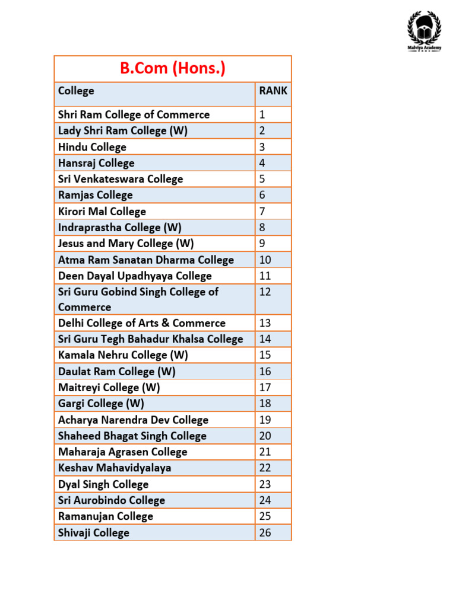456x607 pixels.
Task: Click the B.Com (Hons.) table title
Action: pos(173,69)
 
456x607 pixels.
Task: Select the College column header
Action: pos(76,91)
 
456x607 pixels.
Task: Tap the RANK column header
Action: pos(273,91)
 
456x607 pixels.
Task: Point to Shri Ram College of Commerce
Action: pos(134,114)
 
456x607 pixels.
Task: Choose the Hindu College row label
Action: pos(92,147)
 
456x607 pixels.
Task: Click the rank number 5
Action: pos(262,179)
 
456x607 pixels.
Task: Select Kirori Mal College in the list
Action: pos(102,212)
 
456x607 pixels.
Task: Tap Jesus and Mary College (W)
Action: pos(126,244)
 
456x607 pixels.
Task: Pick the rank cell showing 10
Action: pos(265,260)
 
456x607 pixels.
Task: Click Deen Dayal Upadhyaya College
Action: pos(135,276)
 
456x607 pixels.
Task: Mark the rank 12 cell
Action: pos(265,292)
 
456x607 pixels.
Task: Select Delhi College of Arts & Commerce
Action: pos(142,323)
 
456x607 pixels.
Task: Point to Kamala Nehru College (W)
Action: pos(123,355)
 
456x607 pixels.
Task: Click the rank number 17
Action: pos(265,388)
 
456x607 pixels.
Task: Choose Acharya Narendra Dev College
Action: pos(133,420)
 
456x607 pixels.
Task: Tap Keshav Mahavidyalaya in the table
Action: pos(115,468)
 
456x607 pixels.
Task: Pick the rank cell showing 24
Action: pos(265,500)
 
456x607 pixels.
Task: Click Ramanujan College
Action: pos(106,516)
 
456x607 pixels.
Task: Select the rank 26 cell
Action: pos(265,533)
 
